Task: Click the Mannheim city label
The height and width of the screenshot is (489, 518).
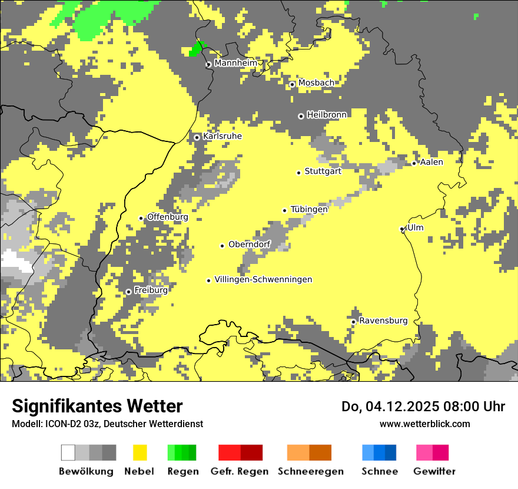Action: tap(236, 63)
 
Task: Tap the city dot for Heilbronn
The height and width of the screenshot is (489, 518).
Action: tap(301, 116)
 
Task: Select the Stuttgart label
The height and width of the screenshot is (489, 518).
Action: tap(323, 171)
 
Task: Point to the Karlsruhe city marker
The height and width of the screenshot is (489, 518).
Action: tap(197, 137)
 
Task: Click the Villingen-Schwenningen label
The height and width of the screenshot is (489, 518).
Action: tap(263, 280)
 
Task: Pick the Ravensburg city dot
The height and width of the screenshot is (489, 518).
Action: tap(353, 322)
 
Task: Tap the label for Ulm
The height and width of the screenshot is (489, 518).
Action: tap(416, 228)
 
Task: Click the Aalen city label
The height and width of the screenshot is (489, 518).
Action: tap(431, 162)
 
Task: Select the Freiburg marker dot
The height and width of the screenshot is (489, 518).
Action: tap(128, 292)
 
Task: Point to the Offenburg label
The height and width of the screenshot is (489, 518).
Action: tap(167, 217)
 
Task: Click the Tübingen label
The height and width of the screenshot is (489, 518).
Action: tap(309, 209)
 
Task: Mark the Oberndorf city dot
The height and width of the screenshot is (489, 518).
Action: tap(223, 246)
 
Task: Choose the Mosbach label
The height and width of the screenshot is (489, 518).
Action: tap(316, 83)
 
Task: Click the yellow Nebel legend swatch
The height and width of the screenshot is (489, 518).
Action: tap(140, 452)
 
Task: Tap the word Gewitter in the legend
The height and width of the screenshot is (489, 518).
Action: tap(434, 471)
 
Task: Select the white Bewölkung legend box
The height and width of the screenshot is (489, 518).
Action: tap(68, 452)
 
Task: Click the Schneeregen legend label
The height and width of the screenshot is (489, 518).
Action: tap(311, 471)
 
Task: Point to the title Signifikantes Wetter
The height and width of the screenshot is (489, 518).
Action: tap(97, 406)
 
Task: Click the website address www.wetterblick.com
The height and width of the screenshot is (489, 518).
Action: tap(424, 424)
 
